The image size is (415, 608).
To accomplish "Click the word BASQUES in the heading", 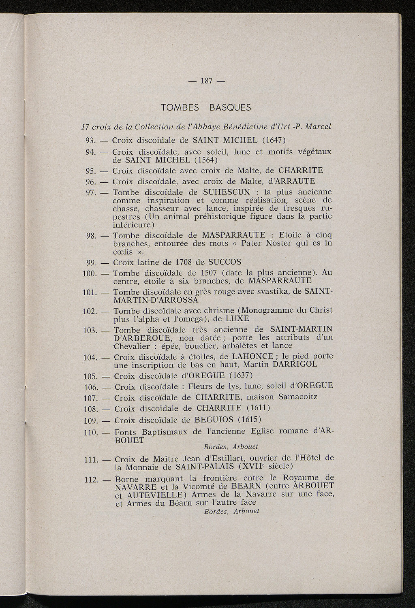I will tap(231, 108).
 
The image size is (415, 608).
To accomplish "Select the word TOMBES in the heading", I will tap(180, 108).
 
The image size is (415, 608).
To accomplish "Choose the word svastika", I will tap(277, 292).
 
